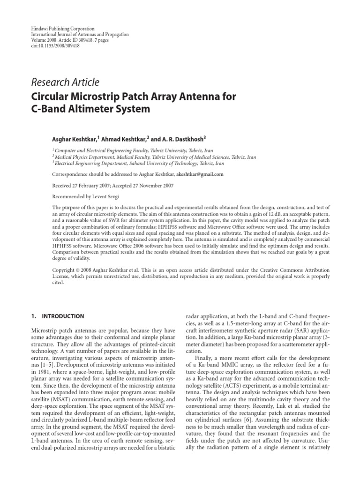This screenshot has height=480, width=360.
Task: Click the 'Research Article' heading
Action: [x=65, y=82]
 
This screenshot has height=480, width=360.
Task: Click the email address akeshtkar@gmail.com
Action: [x=199, y=174]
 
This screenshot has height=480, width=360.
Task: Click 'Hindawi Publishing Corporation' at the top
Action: [x=58, y=29]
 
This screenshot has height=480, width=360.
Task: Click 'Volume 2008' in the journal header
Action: [x=40, y=41]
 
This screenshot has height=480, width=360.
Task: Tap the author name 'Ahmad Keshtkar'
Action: [x=122, y=139]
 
